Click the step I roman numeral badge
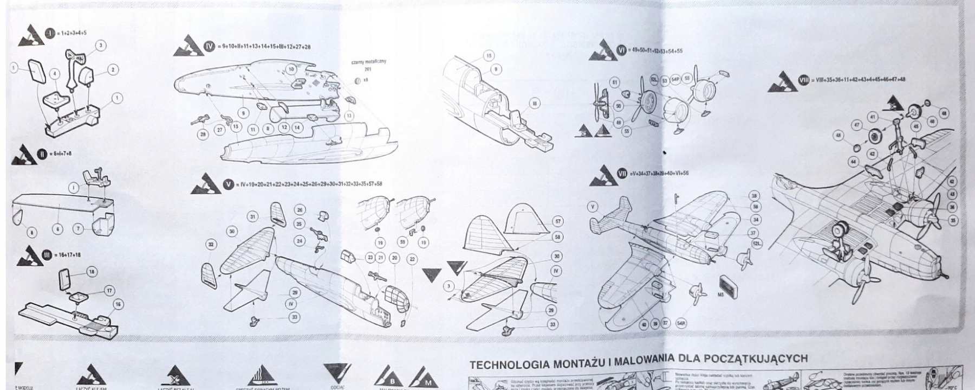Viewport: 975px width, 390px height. coord(50,33)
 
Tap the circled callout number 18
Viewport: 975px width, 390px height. coord(92,272)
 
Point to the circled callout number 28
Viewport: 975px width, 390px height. coord(203,133)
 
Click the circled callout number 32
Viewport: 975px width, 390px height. coord(211,245)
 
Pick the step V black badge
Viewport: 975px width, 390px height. coord(229,184)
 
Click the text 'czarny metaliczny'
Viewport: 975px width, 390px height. coord(369,62)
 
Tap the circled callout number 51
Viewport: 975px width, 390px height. coord(614,82)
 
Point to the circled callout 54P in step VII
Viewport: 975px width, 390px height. coord(681,324)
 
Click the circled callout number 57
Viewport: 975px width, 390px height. coord(558,222)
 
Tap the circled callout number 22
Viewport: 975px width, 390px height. coord(412,259)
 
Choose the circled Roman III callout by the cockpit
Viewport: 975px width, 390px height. coord(535,103)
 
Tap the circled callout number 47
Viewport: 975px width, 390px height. coord(856,125)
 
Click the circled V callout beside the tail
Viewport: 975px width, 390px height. coord(593,206)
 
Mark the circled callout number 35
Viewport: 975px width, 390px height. coord(953,220)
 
